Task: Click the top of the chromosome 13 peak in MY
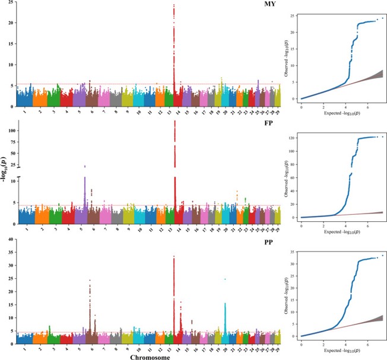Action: [x=173, y=5]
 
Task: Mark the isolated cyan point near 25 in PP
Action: [x=225, y=279]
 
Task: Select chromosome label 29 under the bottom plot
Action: [x=278, y=348]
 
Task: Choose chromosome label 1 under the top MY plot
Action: [x=24, y=111]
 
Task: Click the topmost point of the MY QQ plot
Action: [x=383, y=18]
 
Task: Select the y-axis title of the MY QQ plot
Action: [x=287, y=57]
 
